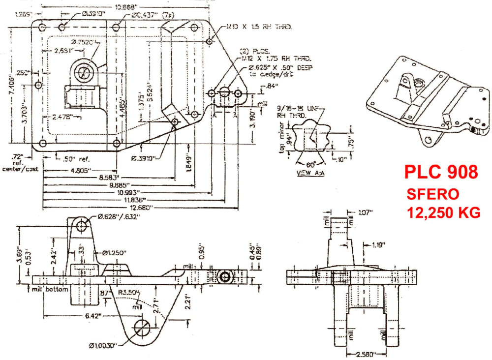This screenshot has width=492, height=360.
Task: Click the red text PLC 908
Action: pyautogui.click(x=440, y=172)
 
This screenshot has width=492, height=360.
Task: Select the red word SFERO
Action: pyautogui.click(x=432, y=194)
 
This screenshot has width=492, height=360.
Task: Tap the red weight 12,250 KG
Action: pyautogui.click(x=443, y=213)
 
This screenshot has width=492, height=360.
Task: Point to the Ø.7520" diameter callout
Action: pyautogui.click(x=83, y=42)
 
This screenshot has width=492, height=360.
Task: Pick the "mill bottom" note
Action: pyautogui.click(x=49, y=290)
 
